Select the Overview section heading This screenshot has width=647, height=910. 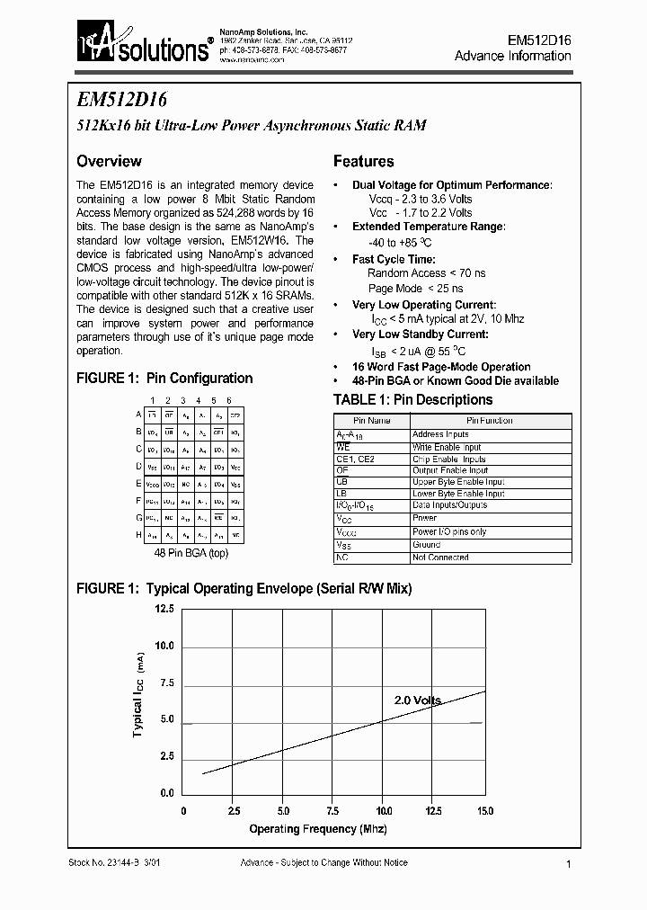pos(109,162)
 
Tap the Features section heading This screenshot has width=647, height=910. pos(363,162)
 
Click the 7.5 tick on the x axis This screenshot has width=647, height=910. pos(333,810)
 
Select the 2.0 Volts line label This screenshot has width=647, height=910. pos(418,700)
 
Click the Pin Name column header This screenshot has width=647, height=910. pos(371,421)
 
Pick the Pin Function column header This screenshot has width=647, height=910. pos(489,421)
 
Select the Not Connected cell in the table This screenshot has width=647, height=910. pos(439,558)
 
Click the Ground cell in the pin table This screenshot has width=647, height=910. pos(426,545)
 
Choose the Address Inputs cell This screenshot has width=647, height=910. pos(440,434)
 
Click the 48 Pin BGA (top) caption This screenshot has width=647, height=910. pos(191,553)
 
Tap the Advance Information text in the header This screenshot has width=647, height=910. pos(512,56)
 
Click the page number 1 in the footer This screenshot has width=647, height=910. pos(570,863)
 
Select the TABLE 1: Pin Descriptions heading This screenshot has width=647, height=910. pos(412,399)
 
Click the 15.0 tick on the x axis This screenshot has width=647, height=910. pos(485,810)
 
